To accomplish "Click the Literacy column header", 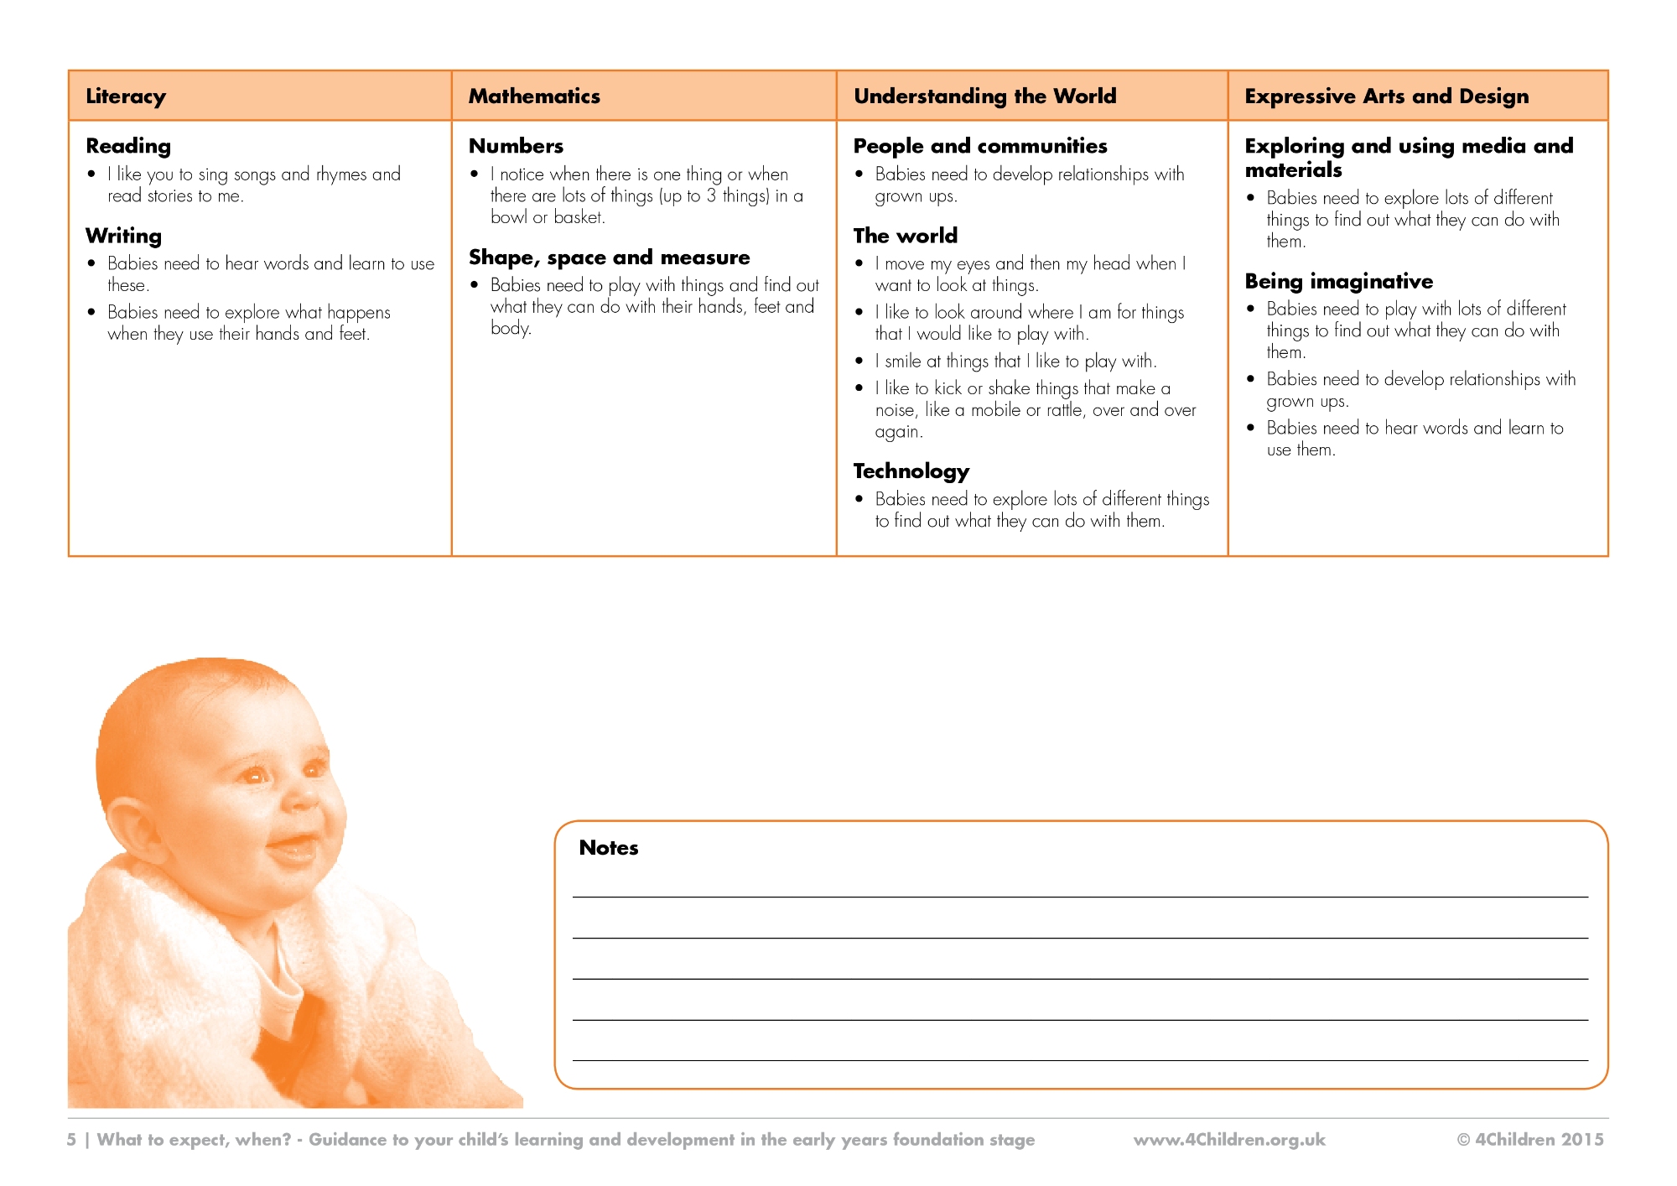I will [x=126, y=96].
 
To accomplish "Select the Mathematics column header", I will [x=534, y=96].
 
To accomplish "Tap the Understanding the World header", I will [x=984, y=96].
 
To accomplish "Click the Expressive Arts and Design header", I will [x=1386, y=96].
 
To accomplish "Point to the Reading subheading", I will [x=128, y=146].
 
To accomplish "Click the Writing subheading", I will [x=123, y=236].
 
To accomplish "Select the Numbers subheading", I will [x=516, y=146].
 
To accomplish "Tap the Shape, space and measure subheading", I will [x=609, y=257].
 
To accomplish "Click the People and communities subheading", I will [x=979, y=146].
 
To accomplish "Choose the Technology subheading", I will [x=911, y=471].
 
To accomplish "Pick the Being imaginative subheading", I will [x=1338, y=281].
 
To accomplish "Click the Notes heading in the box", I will [x=609, y=848].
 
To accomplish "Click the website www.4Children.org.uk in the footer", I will [x=1229, y=1140].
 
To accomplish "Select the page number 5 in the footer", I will [x=71, y=1140].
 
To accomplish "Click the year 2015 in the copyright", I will [x=1581, y=1140].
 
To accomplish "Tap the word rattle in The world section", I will [x=1064, y=410].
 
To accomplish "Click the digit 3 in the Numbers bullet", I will [x=710, y=196].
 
